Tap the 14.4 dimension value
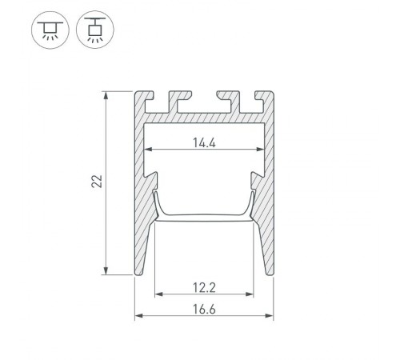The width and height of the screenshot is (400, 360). [203, 143]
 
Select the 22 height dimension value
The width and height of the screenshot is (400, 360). [97, 183]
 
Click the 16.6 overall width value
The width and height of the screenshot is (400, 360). [203, 312]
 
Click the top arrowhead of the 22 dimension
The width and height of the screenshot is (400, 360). [106, 95]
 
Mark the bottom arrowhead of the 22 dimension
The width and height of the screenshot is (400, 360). [106, 271]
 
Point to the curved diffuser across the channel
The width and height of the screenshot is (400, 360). [204, 214]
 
